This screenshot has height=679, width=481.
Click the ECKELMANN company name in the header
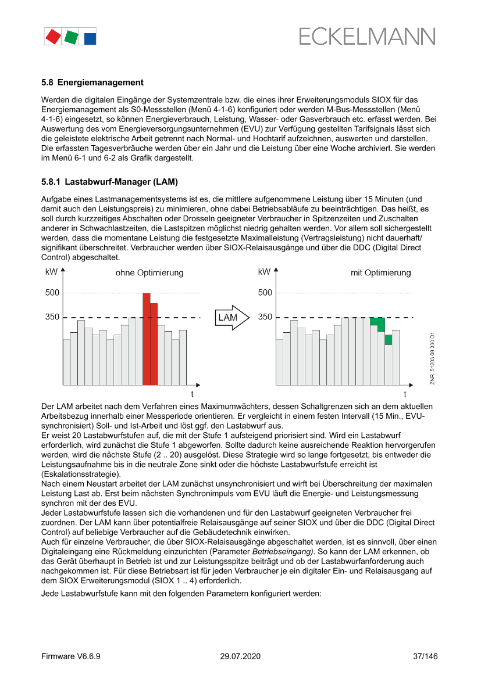367,37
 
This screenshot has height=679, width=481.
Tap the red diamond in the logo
53,37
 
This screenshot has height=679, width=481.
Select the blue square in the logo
90,38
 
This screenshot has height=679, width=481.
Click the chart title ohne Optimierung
149,272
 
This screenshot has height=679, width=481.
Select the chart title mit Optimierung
380,272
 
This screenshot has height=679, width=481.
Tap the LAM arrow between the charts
231,318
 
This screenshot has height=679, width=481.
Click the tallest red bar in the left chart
147,339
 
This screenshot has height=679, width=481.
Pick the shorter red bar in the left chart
154,344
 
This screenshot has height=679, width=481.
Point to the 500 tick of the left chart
52,293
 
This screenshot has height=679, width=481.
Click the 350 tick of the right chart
265,317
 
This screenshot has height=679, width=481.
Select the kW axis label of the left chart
51,271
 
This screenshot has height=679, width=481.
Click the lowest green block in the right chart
388,340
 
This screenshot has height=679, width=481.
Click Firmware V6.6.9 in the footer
71,656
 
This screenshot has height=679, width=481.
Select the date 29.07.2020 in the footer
240,656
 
